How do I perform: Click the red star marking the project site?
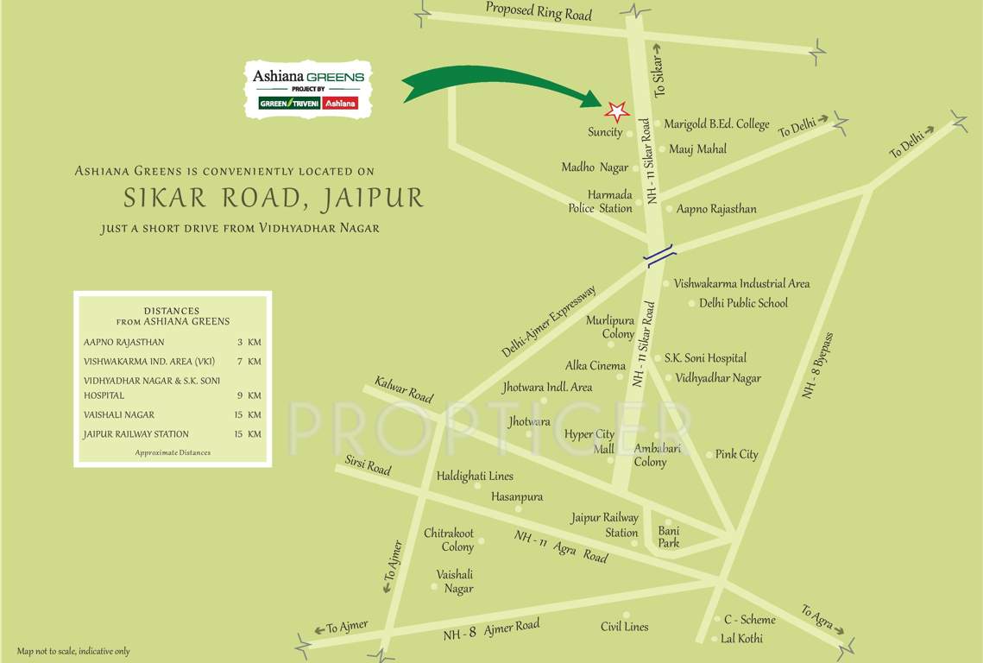click(x=616, y=111)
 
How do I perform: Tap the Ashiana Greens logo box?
click(x=308, y=90)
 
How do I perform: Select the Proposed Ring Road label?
click(x=539, y=12)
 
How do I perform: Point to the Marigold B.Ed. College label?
click(x=715, y=124)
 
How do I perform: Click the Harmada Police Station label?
click(x=600, y=201)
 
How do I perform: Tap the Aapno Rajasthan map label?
click(x=716, y=209)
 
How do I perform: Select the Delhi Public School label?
click(x=743, y=303)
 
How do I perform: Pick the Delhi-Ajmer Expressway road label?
click(x=548, y=321)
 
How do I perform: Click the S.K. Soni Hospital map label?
click(x=704, y=357)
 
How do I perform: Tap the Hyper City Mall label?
click(x=589, y=441)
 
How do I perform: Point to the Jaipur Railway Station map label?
click(x=605, y=525)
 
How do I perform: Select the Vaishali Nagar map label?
click(x=455, y=581)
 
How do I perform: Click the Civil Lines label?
click(x=624, y=627)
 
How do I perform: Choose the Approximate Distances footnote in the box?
click(x=173, y=452)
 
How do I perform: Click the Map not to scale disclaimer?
click(x=73, y=651)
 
